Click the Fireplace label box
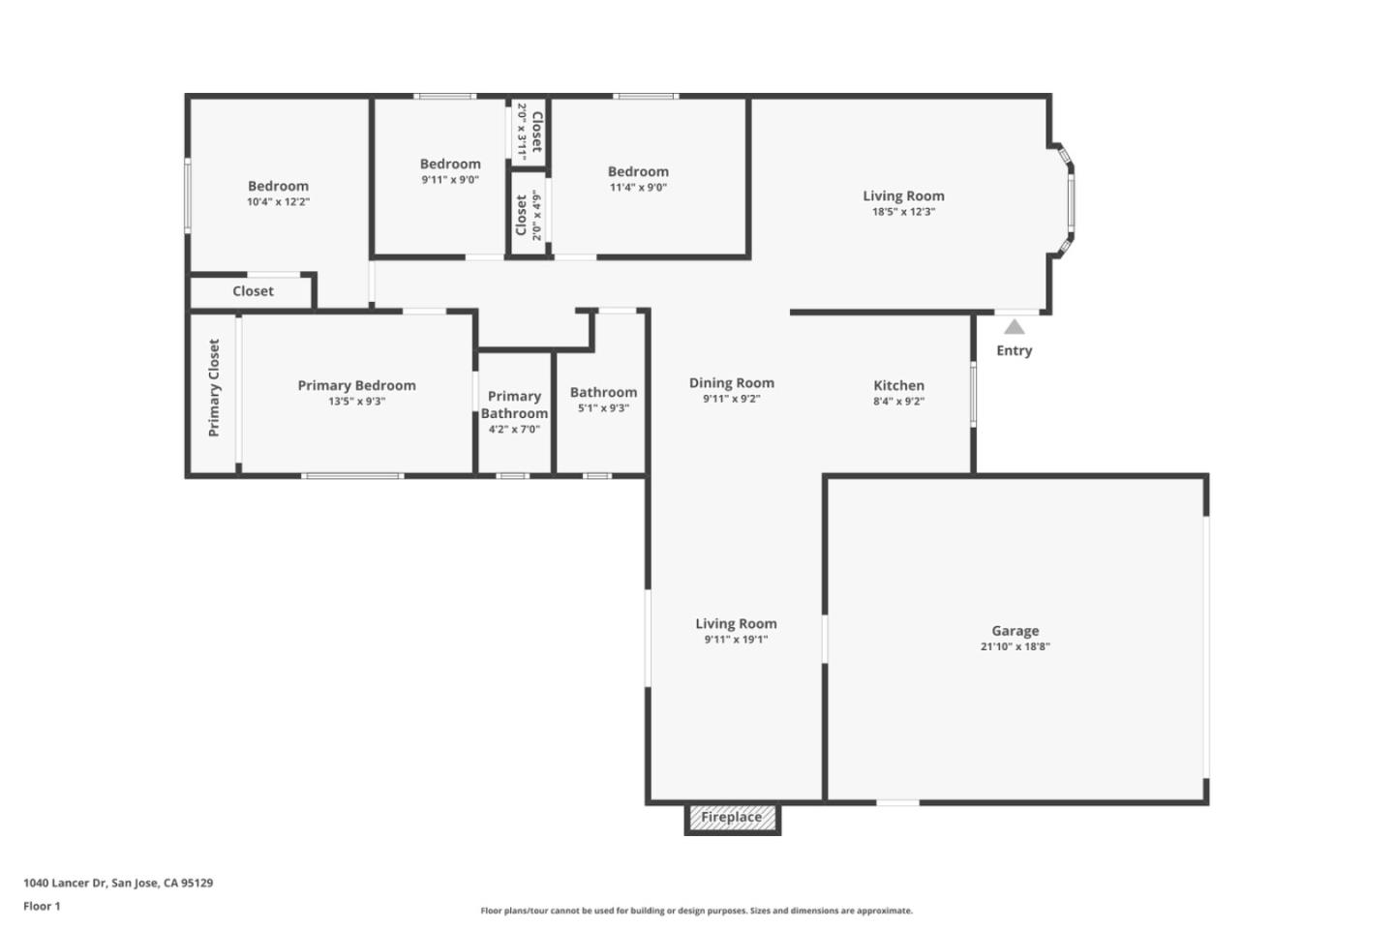click(x=732, y=818)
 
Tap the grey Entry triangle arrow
click(x=1014, y=327)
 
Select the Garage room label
click(x=1015, y=631)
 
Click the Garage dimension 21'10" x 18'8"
click(x=1015, y=646)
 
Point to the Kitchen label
click(x=898, y=385)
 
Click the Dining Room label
click(x=731, y=382)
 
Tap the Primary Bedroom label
click(x=356, y=385)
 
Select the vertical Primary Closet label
click(x=214, y=387)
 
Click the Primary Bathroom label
click(x=514, y=405)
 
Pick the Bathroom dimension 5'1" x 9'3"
click(x=603, y=408)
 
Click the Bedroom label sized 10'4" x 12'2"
click(x=278, y=186)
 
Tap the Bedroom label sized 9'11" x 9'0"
click(x=450, y=164)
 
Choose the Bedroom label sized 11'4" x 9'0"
click(x=638, y=171)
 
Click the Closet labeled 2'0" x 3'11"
click(x=530, y=131)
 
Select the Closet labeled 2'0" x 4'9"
click(x=529, y=215)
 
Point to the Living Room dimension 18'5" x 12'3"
click(x=903, y=212)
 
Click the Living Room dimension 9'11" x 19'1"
click(x=736, y=640)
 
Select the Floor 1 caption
click(x=42, y=907)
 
